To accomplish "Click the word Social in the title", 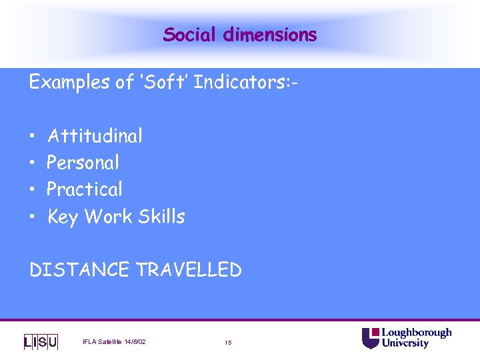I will pos(189,34).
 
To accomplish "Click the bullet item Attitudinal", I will pos(95,136).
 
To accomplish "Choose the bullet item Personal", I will pos(83,163).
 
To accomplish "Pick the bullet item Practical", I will pos(85,189).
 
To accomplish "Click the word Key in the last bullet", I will pos(63,217).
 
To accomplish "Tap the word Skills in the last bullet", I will pos(161,216).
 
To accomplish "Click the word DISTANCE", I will pos(79,269).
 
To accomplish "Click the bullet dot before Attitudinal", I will pos(33,137).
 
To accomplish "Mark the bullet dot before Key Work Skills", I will pos(33,217).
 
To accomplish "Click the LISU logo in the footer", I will pos(41,342).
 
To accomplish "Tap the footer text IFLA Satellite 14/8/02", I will pos(114,342).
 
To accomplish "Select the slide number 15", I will pos(228,343).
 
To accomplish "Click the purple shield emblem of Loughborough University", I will pos(370,338).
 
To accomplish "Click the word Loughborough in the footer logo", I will pos(416,333).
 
